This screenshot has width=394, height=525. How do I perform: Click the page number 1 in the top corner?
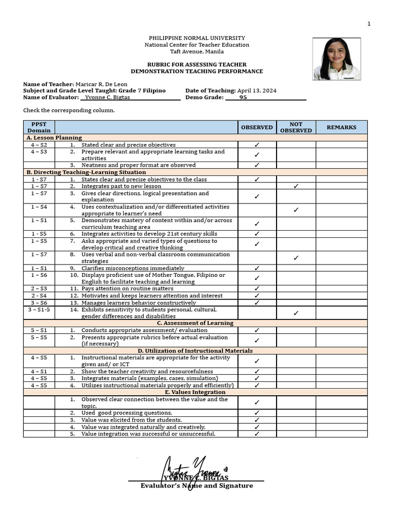369,24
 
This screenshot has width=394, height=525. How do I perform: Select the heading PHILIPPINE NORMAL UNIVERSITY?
197,38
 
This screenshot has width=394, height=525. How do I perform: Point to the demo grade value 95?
243,97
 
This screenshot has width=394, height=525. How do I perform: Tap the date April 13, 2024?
257,90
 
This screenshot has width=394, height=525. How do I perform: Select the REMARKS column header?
341,127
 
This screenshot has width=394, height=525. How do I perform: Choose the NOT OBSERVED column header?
296,127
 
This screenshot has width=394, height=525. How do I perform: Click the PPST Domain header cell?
39,127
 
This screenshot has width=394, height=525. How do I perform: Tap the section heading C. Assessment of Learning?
195,323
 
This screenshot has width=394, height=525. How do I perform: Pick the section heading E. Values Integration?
195,392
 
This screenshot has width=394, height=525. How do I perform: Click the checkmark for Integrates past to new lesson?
296,187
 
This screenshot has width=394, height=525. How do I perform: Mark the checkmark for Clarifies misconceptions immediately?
257,268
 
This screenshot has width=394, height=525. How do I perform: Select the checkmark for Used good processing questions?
257,413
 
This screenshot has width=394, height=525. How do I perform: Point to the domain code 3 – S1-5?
39,310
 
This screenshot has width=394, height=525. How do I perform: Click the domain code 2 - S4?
39,296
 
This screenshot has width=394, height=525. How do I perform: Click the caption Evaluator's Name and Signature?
197,486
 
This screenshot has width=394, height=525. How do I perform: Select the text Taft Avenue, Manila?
197,51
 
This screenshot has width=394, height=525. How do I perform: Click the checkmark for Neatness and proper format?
257,165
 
